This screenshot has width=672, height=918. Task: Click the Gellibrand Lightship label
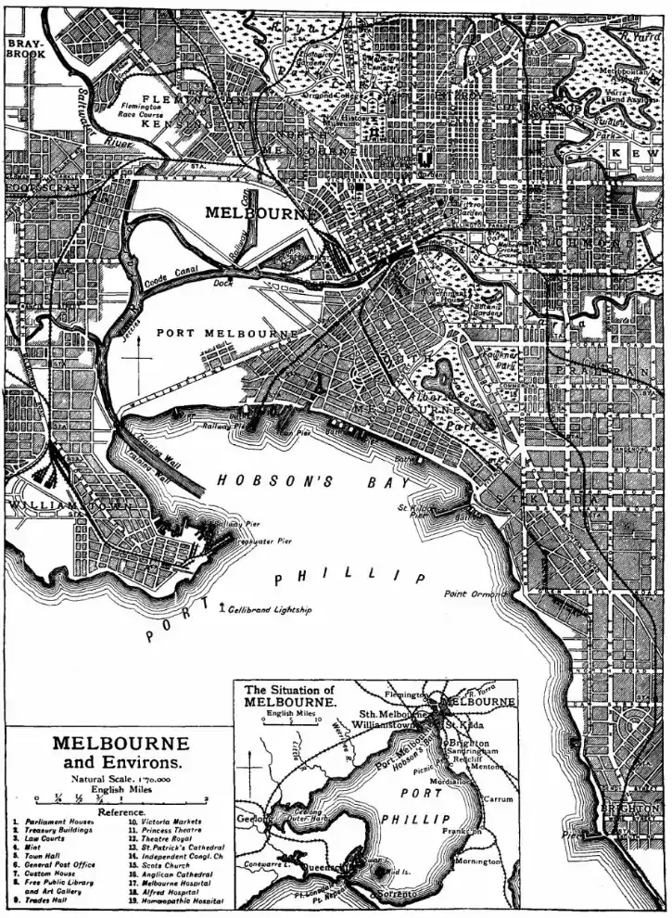270,610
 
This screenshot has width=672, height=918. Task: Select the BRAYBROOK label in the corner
20,48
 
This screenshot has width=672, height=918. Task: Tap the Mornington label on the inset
480,861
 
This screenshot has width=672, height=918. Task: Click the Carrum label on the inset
497,798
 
